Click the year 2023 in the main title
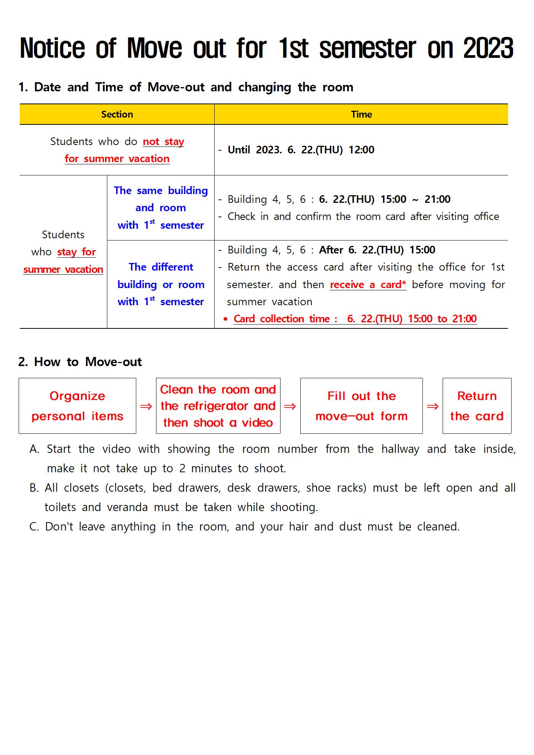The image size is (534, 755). point(488,48)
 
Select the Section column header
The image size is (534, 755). point(117,114)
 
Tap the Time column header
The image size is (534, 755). point(361,114)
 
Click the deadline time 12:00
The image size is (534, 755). point(361,150)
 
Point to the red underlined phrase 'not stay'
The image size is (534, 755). point(163,142)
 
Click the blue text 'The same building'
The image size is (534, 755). point(161,190)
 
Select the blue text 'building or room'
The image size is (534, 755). point(161,284)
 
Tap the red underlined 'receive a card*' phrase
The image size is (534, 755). point(368,285)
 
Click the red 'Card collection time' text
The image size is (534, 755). point(285,319)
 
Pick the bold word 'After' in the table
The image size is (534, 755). point(331,250)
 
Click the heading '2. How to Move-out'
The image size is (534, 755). point(80,362)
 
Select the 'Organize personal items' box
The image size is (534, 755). point(77,406)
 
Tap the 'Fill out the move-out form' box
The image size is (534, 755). point(361,406)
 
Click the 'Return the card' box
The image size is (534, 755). point(477,406)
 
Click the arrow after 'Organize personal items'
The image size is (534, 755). point(146,406)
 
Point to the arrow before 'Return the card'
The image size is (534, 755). point(432,406)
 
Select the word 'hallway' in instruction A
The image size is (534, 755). point(400,449)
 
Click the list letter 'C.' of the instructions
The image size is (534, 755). point(34,527)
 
